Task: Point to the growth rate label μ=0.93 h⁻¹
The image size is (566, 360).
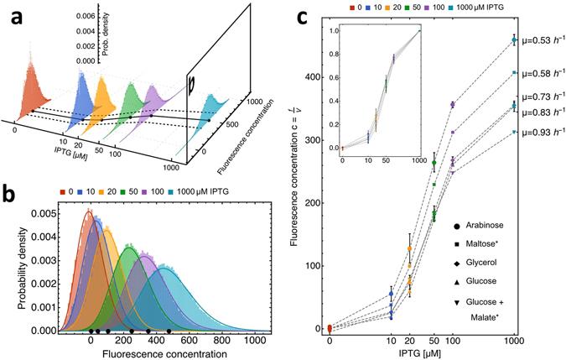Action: [540, 132]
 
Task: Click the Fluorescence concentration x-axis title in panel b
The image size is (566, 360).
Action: [145, 355]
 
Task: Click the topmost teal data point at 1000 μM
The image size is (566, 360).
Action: [514, 40]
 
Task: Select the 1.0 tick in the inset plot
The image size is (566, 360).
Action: [334, 30]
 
